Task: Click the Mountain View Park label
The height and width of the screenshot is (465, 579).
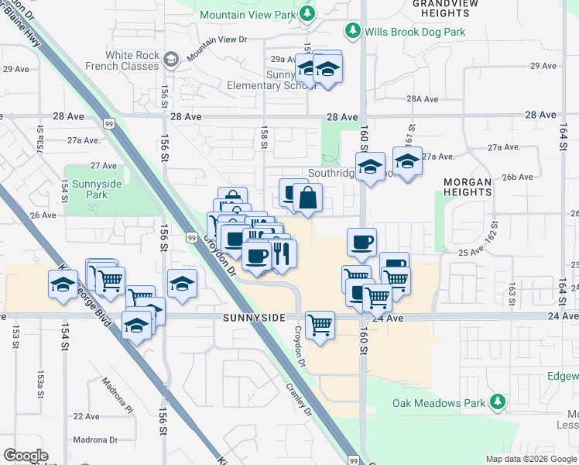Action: point(248,15)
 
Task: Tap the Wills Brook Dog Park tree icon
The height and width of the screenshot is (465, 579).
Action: point(354,31)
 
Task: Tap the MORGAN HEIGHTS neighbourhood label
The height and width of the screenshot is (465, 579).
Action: point(468,187)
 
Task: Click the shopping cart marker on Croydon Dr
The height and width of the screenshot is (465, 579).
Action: point(320,325)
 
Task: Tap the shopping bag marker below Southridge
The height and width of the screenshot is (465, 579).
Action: point(307,198)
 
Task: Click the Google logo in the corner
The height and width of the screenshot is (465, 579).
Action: point(26,455)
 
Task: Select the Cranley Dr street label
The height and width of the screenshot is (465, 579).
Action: point(297,400)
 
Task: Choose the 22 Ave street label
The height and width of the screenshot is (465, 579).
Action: point(87,416)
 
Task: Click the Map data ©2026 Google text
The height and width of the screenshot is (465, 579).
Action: point(532,459)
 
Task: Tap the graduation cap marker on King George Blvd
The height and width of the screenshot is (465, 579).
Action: point(63,284)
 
